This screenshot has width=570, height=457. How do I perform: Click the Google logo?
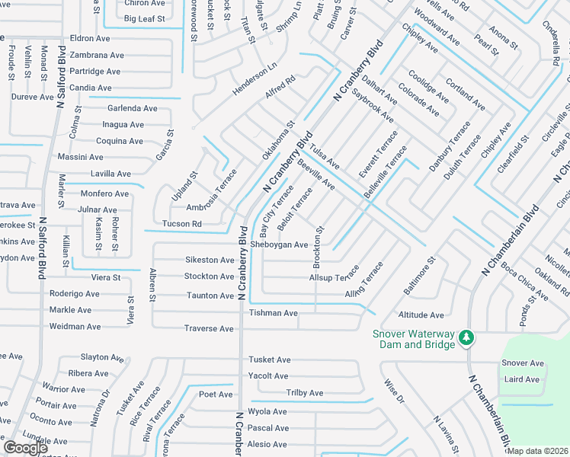[26, 448]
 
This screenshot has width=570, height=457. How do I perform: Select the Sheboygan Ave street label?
[280, 245]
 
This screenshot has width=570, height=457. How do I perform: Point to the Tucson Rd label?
[181, 224]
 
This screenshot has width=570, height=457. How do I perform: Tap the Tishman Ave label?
[273, 313]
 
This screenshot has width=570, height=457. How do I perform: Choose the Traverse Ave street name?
[209, 328]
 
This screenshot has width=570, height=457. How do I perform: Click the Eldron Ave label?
[91, 38]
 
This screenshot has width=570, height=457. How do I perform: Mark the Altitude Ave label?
[421, 315]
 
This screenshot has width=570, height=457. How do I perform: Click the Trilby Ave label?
[304, 393]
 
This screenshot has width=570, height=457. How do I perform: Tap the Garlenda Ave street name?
[132, 108]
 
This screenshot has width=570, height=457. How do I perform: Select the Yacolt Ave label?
[267, 376]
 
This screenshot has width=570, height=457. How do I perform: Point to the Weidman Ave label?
[75, 327]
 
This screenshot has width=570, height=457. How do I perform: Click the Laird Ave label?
[521, 379]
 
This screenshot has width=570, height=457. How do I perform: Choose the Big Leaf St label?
[145, 18]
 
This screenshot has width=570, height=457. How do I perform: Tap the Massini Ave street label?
[81, 157]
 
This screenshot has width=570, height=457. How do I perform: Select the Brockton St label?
[318, 246]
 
